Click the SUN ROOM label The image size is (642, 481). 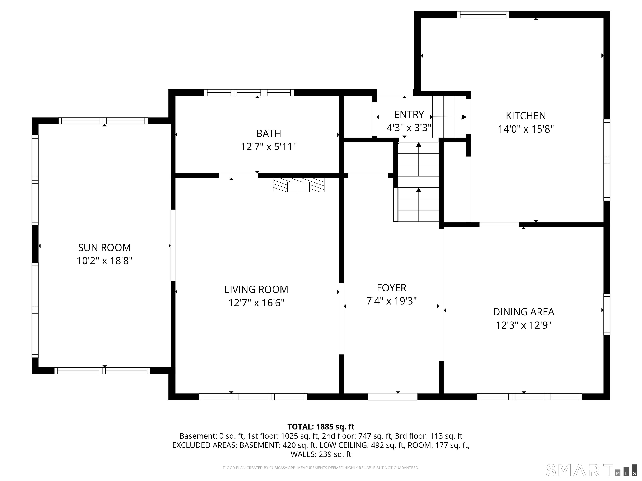pos(104,248)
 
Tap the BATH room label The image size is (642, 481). pos(269,133)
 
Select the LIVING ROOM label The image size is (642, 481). pos(256,289)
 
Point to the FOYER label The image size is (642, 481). pos(391,288)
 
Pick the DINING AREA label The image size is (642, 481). pos(524,312)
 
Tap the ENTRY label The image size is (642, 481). pos(409,115)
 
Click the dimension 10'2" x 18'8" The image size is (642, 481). pos(104,261)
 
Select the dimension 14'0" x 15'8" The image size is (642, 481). pos(526,129)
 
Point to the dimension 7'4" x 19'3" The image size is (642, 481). pos(391,301)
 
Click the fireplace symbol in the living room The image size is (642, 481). pos(298,185)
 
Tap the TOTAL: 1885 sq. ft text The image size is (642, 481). pos(321,427)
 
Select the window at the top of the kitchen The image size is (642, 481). pos(483,14)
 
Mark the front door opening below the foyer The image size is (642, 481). pos(393,397)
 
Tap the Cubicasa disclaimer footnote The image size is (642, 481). pos(321,468)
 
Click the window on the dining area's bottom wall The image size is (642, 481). pos(529,397)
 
